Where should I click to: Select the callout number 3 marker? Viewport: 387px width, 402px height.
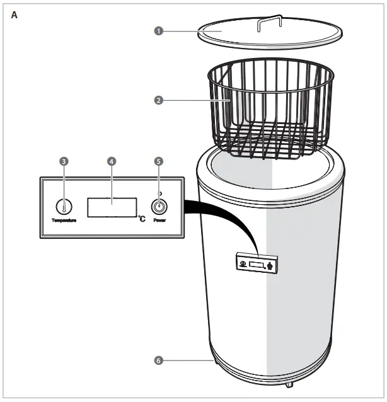tap(64, 161)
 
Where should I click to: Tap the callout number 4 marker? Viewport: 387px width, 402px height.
tap(112, 161)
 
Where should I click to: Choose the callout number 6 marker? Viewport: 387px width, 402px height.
tap(159, 360)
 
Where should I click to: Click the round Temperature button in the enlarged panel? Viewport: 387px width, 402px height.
tap(64, 206)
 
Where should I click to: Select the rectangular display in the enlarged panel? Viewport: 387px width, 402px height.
tap(112, 206)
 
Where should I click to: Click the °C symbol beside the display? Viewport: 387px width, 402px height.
tap(142, 218)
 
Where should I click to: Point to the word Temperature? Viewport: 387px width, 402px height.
tap(64, 221)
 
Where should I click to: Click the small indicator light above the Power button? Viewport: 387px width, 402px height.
tap(159, 193)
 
